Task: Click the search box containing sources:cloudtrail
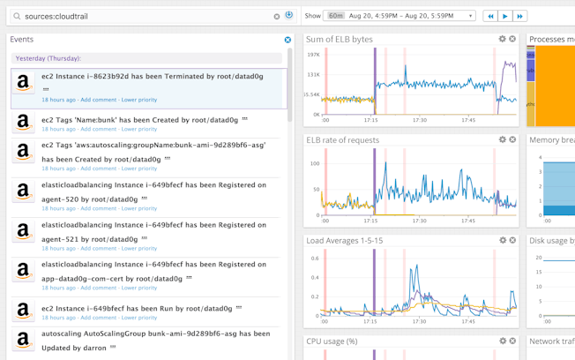141,16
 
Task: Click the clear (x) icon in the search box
277,16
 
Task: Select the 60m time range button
335,16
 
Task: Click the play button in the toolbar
505,16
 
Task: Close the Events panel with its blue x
287,40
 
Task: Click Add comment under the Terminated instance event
98,100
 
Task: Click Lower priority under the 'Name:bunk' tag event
138,129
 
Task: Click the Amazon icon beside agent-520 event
24,191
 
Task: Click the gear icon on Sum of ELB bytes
502,39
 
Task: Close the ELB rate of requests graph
512,139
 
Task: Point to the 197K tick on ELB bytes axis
313,55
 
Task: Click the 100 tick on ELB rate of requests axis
315,163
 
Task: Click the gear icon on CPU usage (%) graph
502,341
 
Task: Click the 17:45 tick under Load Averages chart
467,321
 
